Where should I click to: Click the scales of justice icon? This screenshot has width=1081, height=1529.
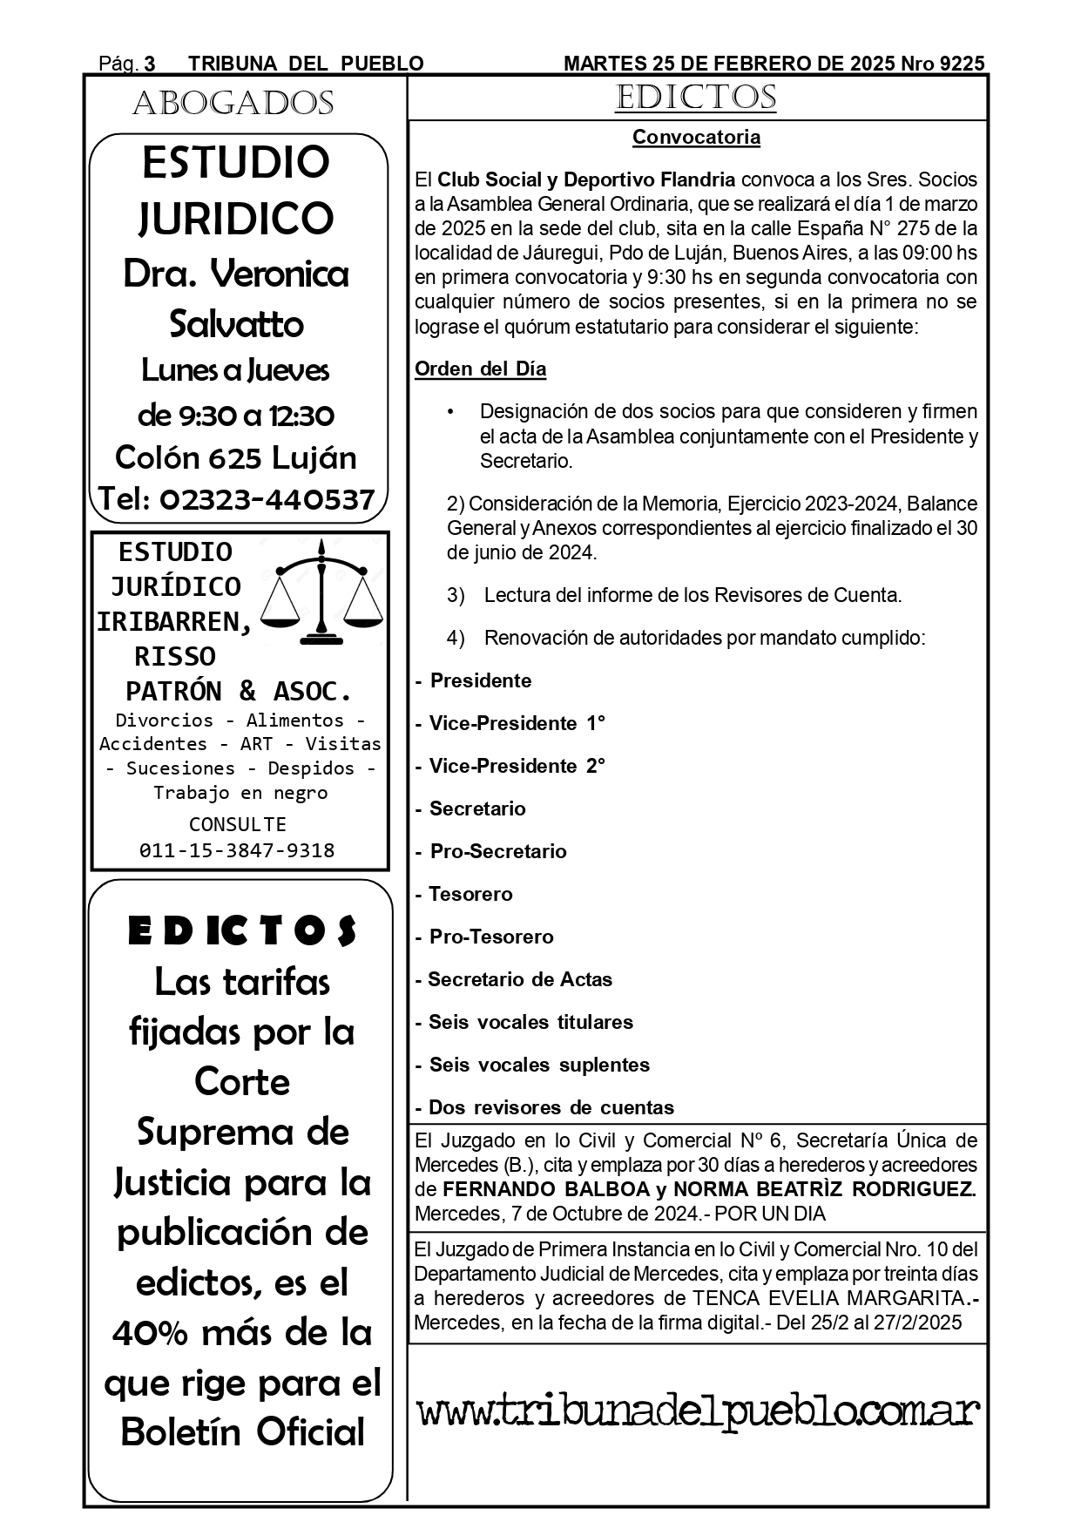pos(322,594)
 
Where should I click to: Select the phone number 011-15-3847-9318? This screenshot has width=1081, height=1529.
pos(237,850)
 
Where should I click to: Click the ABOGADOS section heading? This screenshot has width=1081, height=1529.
pos(233,104)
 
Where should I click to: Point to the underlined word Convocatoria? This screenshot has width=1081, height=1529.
pos(696,138)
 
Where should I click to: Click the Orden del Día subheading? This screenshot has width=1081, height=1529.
pos(480,369)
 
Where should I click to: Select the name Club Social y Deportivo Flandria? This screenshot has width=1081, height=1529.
pos(585,180)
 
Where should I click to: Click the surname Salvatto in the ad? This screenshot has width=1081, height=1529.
pos(236,324)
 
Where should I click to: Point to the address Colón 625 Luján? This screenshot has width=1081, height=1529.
pos(236,457)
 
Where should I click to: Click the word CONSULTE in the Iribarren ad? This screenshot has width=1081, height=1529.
pos(237,824)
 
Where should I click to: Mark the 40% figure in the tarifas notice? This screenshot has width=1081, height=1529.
pos(150,1332)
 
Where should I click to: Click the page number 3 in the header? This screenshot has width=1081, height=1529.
pos(150,64)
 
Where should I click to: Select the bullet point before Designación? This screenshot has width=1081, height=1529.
pos(450,411)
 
